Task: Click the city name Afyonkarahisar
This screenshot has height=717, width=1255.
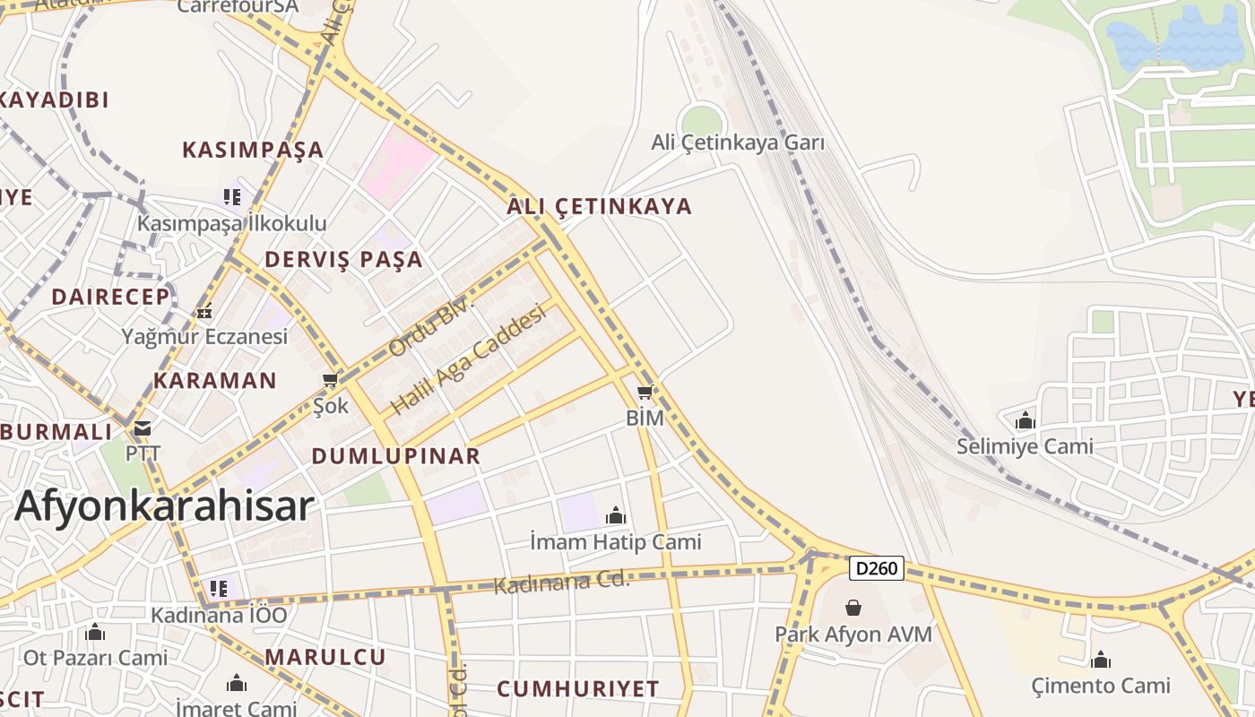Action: point(165,506)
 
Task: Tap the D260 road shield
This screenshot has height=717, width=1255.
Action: point(876,568)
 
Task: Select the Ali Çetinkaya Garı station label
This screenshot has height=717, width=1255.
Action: point(738,143)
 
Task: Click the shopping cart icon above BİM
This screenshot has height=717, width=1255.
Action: point(645,392)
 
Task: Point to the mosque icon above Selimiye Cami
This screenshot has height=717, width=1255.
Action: point(1025,420)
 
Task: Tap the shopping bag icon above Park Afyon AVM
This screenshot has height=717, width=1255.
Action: point(853,608)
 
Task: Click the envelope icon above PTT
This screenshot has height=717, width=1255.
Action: point(143,428)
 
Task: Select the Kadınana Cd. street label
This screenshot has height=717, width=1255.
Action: point(562,583)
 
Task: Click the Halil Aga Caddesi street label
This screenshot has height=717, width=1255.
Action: point(468,360)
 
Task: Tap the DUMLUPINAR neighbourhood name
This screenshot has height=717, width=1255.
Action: point(396,456)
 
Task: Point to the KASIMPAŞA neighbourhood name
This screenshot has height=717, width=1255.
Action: point(253,150)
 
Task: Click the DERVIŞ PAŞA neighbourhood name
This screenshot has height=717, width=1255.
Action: point(343,260)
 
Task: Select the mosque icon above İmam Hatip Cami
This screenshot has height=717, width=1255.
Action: point(616,515)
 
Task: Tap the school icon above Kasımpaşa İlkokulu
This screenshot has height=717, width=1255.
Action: point(232,196)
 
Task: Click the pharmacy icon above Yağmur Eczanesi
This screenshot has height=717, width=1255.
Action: point(204,312)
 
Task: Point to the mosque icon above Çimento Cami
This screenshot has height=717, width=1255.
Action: point(1101,661)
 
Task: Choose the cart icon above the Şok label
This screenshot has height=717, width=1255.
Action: point(330,380)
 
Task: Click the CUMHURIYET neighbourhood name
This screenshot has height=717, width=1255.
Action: point(578,689)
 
